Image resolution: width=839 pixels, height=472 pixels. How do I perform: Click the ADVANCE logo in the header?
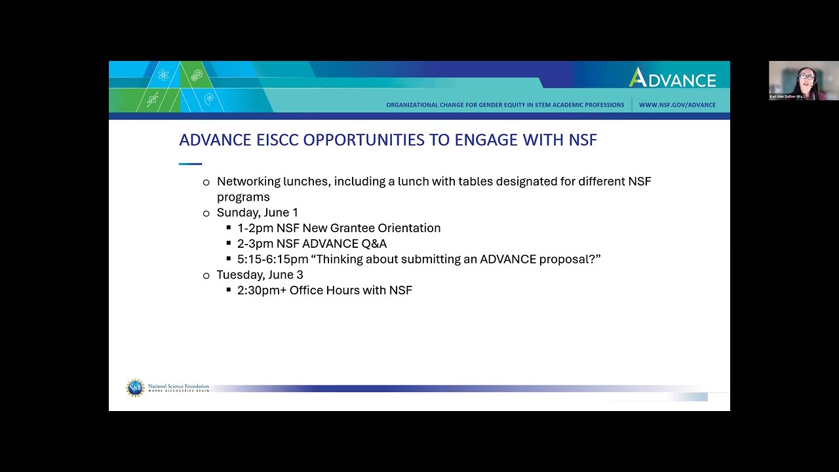(673, 79)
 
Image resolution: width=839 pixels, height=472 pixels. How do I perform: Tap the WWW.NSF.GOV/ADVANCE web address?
(677, 105)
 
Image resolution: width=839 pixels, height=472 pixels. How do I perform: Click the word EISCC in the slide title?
(277, 140)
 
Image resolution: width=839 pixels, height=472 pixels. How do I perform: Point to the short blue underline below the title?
(190, 164)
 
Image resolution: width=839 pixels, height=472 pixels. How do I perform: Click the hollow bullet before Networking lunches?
(206, 182)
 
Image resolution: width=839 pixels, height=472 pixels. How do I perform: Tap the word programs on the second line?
(243, 197)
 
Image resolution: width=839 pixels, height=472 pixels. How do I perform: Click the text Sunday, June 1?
(257, 212)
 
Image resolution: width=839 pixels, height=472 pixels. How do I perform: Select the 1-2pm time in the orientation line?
(255, 228)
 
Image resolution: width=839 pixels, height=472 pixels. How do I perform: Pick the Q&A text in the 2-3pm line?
(370, 244)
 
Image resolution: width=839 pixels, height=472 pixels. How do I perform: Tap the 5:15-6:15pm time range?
(273, 260)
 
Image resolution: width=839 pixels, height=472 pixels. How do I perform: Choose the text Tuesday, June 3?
(260, 275)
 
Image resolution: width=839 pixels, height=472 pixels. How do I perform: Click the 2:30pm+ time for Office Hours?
(262, 290)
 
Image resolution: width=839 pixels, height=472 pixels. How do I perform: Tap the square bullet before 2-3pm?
(229, 243)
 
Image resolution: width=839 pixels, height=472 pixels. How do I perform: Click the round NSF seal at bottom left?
(135, 388)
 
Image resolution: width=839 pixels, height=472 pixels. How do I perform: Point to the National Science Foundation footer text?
(178, 387)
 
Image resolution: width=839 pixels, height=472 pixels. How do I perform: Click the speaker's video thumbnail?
(804, 81)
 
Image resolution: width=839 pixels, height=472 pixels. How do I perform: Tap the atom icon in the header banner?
(163, 75)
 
